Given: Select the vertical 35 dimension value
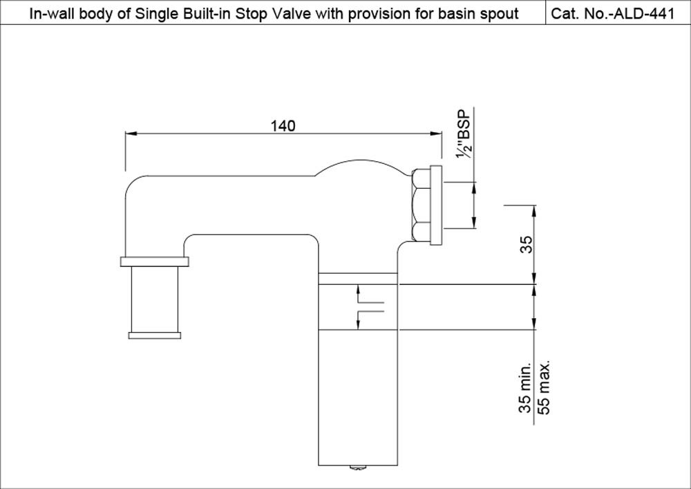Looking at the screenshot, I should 526,245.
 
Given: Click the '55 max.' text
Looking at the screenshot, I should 544,387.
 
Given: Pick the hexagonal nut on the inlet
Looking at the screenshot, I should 419,205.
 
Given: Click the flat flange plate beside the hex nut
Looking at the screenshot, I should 435,205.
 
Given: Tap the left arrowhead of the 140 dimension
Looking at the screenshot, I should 129,133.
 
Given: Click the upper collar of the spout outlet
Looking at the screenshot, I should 155,261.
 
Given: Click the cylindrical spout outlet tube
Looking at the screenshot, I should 155,299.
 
